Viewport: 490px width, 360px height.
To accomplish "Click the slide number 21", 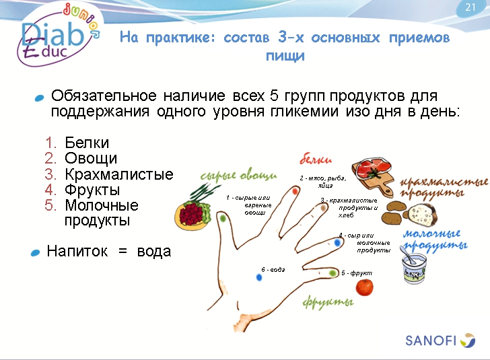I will click(471, 8).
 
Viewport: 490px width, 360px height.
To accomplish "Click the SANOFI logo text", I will click(431, 340).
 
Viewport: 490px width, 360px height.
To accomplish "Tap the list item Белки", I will click(87, 143).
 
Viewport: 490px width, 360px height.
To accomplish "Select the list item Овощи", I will click(91, 159).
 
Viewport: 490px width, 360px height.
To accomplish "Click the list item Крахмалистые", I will click(118, 175).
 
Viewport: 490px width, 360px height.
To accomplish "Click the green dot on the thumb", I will click(222, 218).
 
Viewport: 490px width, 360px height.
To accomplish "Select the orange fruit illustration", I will click(365, 287).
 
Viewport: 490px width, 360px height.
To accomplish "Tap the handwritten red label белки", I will click(316, 160).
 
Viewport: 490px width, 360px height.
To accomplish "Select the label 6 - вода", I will click(273, 270).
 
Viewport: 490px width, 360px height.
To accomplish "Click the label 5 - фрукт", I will click(356, 273).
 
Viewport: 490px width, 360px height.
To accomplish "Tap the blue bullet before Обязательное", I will click(40, 98).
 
